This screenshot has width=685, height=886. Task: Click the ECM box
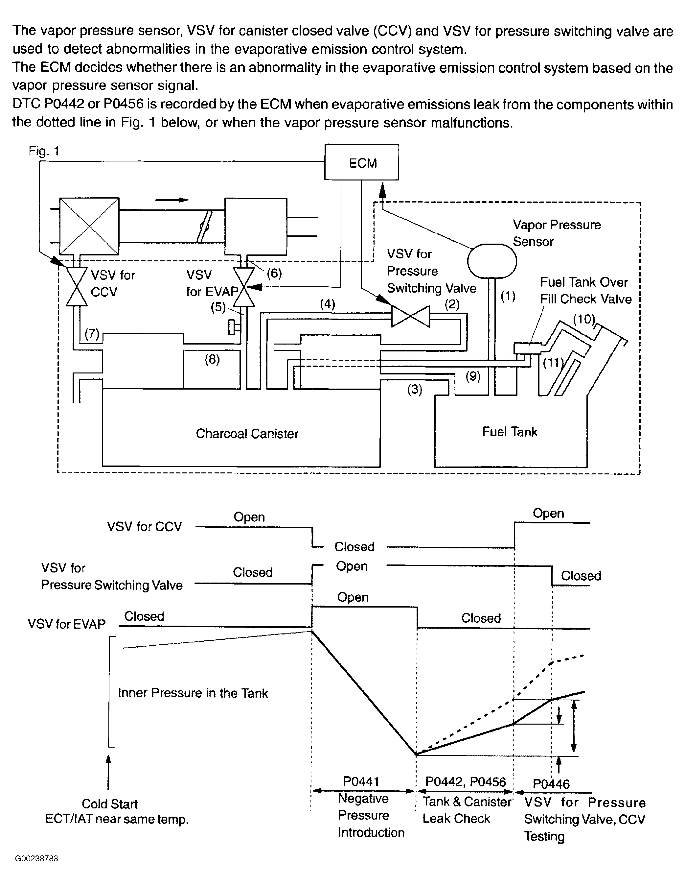coord(361,162)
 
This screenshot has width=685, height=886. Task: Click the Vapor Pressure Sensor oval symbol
coord(492,261)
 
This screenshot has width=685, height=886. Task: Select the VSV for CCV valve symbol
coord(77,286)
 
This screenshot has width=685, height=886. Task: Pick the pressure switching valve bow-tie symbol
coord(410,316)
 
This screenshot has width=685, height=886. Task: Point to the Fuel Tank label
coord(510,432)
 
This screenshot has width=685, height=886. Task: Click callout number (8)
coord(212,359)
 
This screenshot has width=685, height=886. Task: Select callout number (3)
coord(414,390)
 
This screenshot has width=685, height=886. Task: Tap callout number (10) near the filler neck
coord(584,319)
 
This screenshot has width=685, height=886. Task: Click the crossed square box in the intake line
coord(89,226)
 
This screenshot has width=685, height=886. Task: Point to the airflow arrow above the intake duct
coord(172,200)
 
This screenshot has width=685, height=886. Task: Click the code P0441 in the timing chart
coord(361,781)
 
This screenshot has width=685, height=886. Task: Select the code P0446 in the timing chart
coord(551,784)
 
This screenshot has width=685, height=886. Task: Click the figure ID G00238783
coord(36,858)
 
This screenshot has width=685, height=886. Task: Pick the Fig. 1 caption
coord(44,151)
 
